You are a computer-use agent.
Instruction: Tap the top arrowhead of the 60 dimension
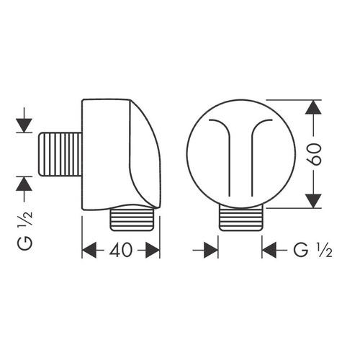(312, 109)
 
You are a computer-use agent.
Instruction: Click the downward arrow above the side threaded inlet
(24, 123)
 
